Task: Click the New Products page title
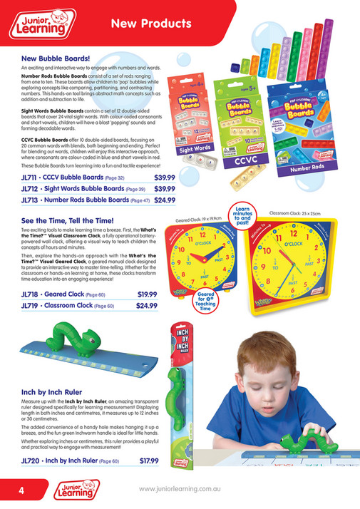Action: pyautogui.click(x=151, y=24)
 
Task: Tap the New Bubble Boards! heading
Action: pyautogui.click(x=56, y=58)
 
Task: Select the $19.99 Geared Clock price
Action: pyautogui.click(x=147, y=294)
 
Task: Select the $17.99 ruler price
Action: pyautogui.click(x=149, y=461)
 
